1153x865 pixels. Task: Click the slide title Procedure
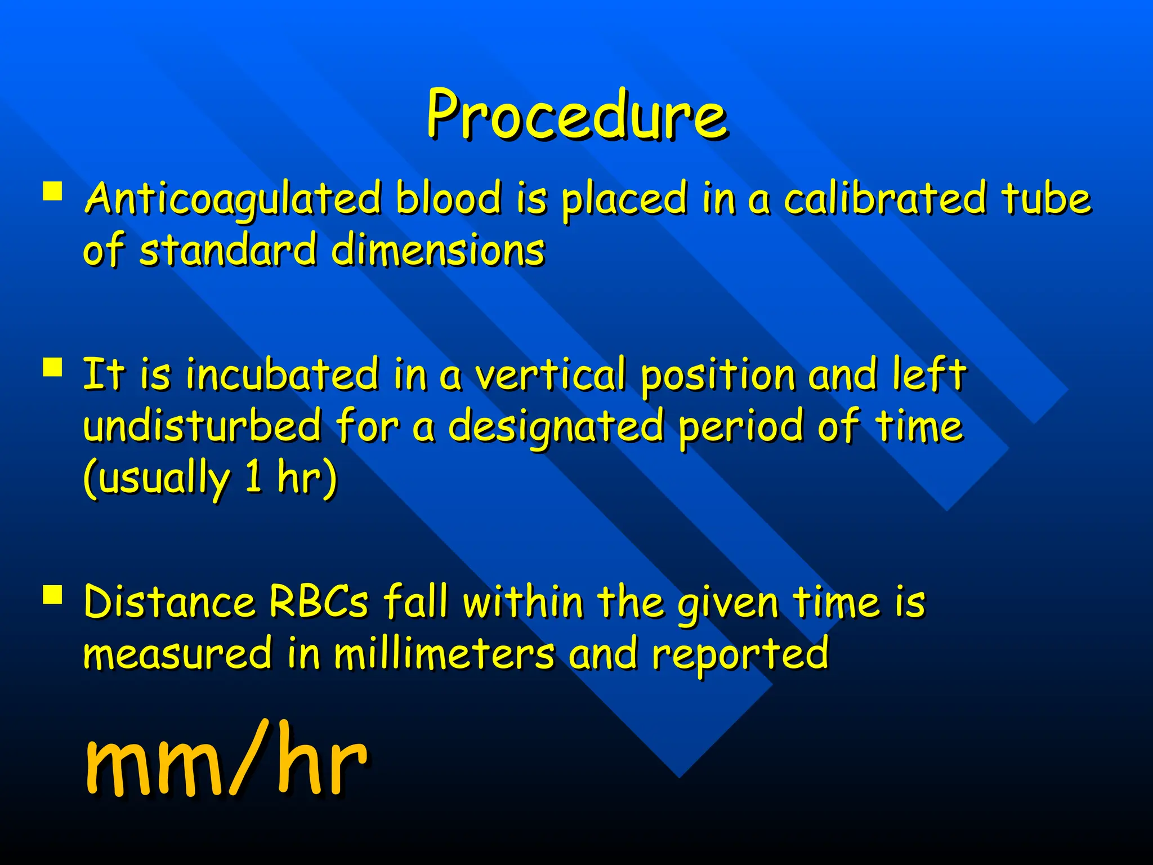(x=576, y=115)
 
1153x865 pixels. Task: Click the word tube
(x=1046, y=198)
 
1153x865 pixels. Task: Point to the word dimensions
(x=438, y=250)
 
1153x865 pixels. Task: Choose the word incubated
(x=282, y=374)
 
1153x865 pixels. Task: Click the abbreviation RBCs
(x=319, y=601)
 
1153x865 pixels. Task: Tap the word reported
(x=740, y=654)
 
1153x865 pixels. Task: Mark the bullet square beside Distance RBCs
(x=52, y=594)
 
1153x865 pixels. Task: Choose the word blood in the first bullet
(x=448, y=198)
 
